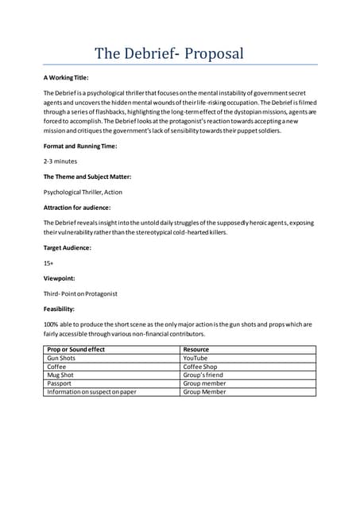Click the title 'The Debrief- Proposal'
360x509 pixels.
pyautogui.click(x=169, y=54)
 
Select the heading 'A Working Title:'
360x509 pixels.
pyautogui.click(x=66, y=78)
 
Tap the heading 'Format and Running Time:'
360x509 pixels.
pyautogui.click(x=80, y=146)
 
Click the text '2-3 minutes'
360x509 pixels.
pyautogui.click(x=60, y=161)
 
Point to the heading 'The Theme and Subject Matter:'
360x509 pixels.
pyautogui.click(x=87, y=176)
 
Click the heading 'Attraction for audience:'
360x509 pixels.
pyautogui.click(x=78, y=207)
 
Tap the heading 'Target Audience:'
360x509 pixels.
pyautogui.click(x=67, y=247)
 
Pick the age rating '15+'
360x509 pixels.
pyautogui.click(x=48, y=263)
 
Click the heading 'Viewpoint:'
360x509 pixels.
pyautogui.click(x=60, y=278)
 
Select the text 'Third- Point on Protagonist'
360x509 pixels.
pyautogui.click(x=80, y=293)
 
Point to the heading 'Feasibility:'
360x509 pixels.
pyautogui.click(x=60, y=309)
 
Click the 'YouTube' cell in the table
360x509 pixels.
pyautogui.click(x=195, y=359)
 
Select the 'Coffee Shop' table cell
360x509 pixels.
pyautogui.click(x=200, y=367)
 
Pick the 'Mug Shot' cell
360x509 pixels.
pyautogui.click(x=61, y=375)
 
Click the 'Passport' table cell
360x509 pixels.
pyautogui.click(x=60, y=383)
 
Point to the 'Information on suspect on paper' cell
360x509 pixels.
pyautogui.click(x=91, y=392)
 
